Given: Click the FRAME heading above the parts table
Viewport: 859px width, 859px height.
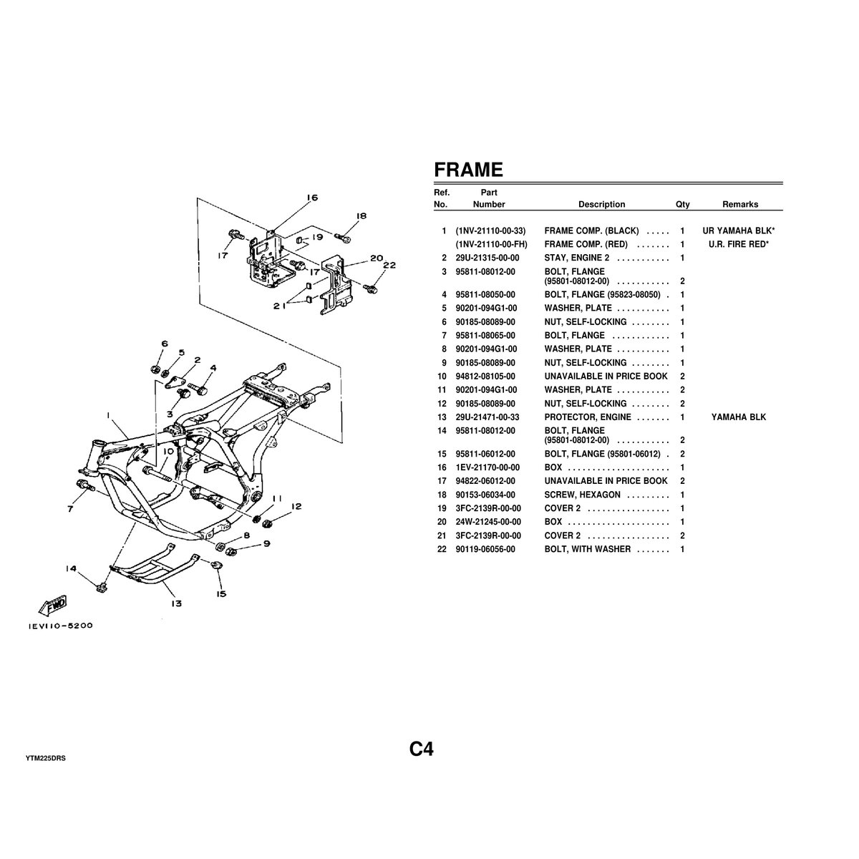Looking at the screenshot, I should tap(468, 170).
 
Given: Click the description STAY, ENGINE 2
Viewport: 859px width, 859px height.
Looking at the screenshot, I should tap(577, 258).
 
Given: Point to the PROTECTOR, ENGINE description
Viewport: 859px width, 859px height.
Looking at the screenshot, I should tap(588, 417).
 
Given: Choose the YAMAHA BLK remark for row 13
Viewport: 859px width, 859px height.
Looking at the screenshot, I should tap(738, 417).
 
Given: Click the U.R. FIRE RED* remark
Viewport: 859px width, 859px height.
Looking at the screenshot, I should tap(738, 244).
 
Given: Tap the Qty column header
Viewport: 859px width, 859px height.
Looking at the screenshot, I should tap(682, 204).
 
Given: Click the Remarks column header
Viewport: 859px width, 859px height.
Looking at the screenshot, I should tap(739, 204).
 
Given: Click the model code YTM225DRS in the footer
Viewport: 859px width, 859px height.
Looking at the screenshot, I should tap(45, 757).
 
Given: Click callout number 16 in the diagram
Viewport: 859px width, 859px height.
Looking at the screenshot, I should tap(311, 198).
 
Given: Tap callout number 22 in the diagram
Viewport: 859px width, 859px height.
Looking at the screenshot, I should tap(389, 265).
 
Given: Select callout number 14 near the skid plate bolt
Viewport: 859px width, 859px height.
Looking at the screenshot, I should tap(70, 569).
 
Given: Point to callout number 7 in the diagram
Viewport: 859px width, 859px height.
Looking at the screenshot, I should tap(70, 510).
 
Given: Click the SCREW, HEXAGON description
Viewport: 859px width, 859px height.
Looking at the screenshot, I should tap(582, 495).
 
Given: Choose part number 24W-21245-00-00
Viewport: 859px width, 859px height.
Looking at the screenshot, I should tap(487, 522).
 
